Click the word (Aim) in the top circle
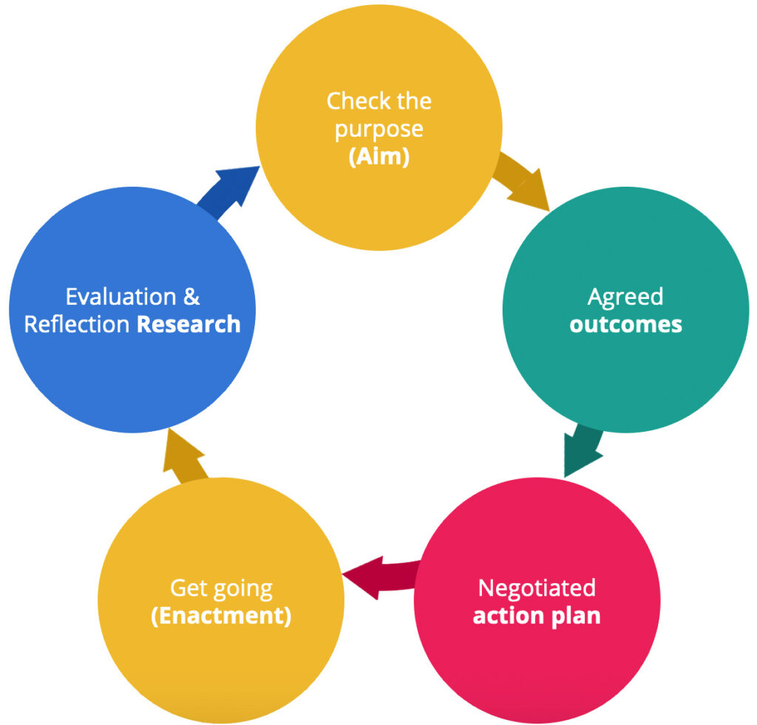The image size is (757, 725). (x=378, y=157)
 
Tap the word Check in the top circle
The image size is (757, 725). (x=353, y=100)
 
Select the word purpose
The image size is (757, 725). (x=378, y=129)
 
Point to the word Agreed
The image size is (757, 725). (x=625, y=297)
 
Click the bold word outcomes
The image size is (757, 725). (x=625, y=325)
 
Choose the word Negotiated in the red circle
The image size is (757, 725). (x=537, y=588)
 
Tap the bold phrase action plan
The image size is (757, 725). (x=537, y=616)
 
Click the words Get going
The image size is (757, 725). (x=221, y=588)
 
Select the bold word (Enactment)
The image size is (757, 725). (x=221, y=616)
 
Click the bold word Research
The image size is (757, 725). (x=189, y=325)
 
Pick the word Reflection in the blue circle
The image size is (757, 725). (x=78, y=325)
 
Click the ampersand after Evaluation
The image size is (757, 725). (x=191, y=297)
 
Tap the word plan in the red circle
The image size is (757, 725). (x=579, y=616)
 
